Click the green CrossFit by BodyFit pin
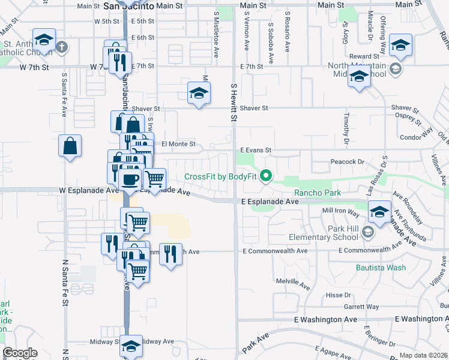click(x=268, y=176)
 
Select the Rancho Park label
click(x=317, y=193)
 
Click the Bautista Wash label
click(x=381, y=268)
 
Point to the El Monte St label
click(x=179, y=144)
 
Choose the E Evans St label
click(x=256, y=150)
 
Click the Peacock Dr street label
click(x=348, y=162)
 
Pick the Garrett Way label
click(x=361, y=307)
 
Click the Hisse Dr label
click(x=339, y=295)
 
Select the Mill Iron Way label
click(x=340, y=212)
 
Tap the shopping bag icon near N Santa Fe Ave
click(x=70, y=146)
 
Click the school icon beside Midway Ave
click(x=131, y=346)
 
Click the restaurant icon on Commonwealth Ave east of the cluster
click(x=172, y=254)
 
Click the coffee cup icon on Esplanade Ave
click(x=130, y=179)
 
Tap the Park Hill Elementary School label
click(x=334, y=233)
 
